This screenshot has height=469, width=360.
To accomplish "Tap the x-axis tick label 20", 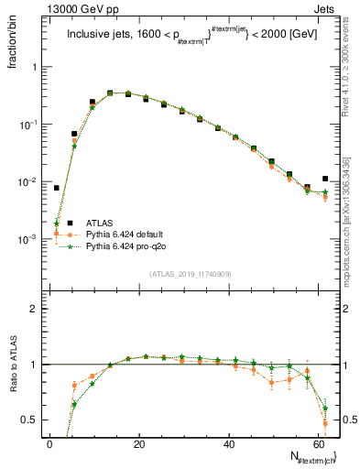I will (x=138, y=443).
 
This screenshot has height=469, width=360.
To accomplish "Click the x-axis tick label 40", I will (x=228, y=443).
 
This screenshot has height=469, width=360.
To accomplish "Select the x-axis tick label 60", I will (x=317, y=443).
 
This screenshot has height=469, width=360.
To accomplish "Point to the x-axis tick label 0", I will (x=49, y=443).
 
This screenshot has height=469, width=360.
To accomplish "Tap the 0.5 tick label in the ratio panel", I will (x=32, y=420).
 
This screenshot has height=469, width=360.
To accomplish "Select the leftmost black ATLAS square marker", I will (x=57, y=188).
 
